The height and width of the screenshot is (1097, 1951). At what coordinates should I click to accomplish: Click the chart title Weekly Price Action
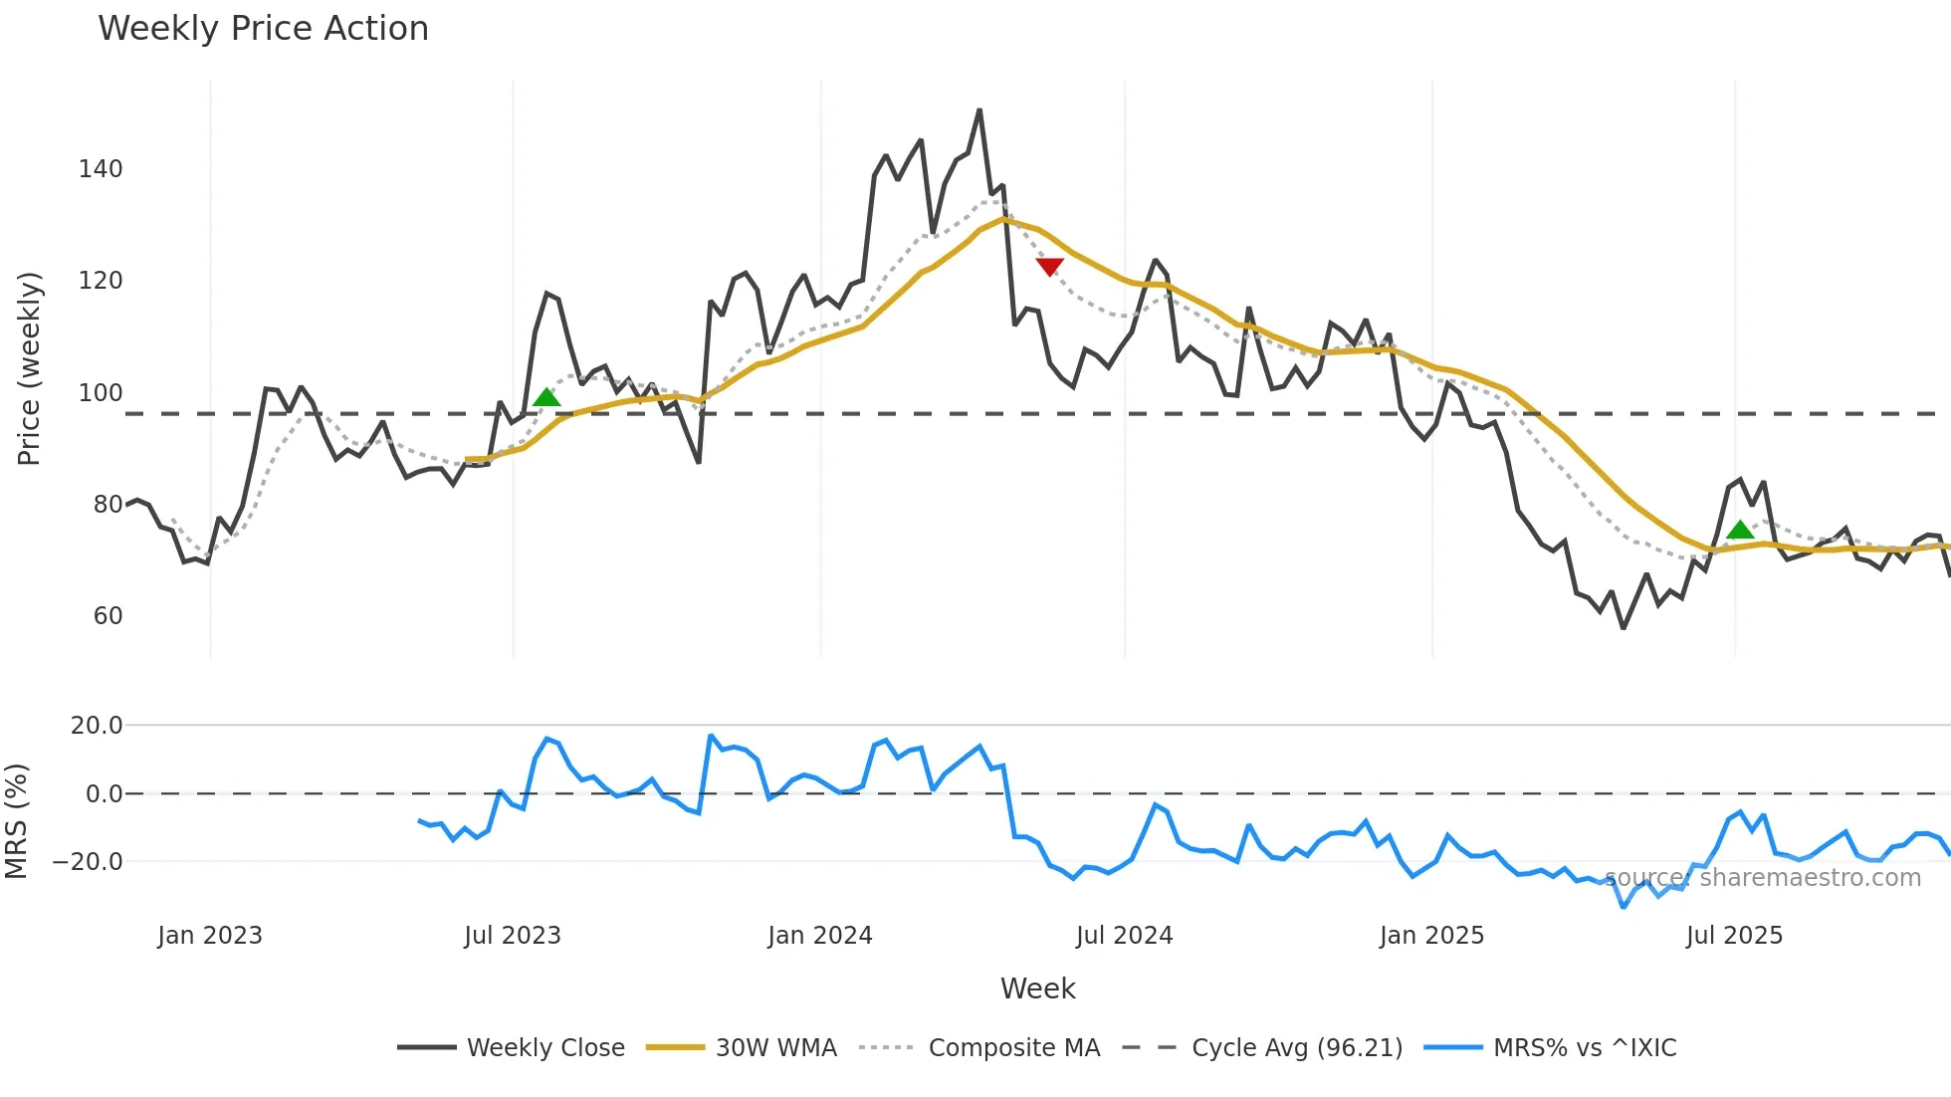click(263, 29)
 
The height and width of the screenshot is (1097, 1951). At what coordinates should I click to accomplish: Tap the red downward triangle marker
click(1049, 266)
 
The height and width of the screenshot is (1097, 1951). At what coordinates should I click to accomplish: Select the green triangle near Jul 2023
click(546, 398)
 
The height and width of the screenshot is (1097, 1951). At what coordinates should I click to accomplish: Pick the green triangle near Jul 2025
click(1740, 530)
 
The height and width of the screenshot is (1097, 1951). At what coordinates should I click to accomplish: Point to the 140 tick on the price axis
click(101, 169)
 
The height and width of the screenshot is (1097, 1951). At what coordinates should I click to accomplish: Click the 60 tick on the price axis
click(108, 616)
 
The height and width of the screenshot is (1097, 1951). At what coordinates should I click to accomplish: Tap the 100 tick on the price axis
click(101, 393)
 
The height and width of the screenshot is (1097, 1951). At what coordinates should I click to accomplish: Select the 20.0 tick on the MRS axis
click(97, 726)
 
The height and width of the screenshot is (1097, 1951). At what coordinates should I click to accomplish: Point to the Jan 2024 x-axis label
click(819, 936)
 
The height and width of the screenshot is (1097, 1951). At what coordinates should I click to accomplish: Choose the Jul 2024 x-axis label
click(1124, 936)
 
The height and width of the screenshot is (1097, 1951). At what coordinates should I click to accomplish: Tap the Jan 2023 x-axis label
click(209, 936)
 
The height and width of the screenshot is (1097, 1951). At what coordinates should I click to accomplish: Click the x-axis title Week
click(1037, 988)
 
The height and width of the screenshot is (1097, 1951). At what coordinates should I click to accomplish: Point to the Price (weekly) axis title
click(29, 368)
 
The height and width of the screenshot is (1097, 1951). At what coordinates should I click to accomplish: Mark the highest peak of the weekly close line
click(979, 110)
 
